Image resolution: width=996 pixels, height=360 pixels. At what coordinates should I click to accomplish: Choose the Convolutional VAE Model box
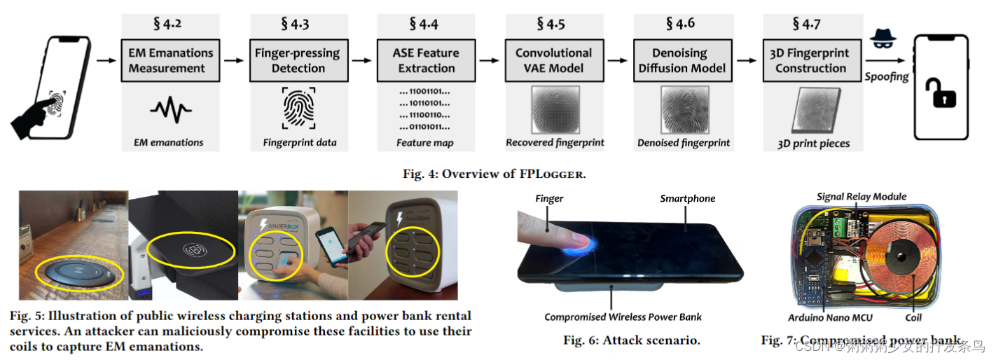[x=553, y=61]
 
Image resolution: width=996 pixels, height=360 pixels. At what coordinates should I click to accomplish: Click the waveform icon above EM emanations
[x=171, y=111]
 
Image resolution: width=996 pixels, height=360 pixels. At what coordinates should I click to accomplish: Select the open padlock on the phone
[x=941, y=94]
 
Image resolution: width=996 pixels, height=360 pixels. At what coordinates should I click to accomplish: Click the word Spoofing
[x=886, y=76]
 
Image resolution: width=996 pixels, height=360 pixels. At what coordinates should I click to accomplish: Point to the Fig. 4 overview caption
[x=498, y=174]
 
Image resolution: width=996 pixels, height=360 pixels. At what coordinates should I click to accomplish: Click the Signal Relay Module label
[x=862, y=197]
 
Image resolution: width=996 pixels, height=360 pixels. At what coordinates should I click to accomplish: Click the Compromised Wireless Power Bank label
[x=623, y=317]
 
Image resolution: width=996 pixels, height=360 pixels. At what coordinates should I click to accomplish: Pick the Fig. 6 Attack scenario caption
[x=631, y=340]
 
